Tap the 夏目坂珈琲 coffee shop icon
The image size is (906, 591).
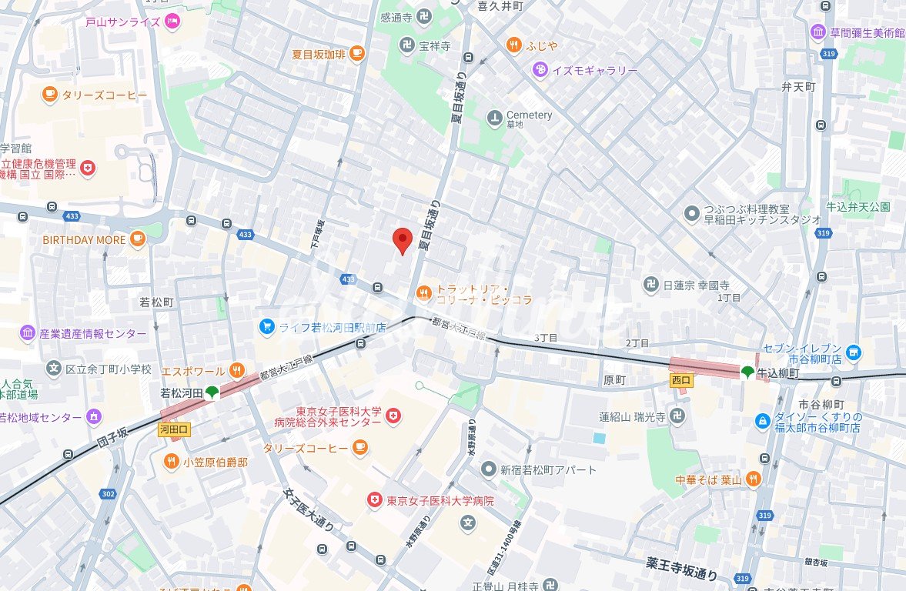pyautogui.click(x=356, y=53)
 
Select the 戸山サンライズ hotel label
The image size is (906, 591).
pyautogui.click(x=123, y=22)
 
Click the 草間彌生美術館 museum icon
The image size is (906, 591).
pyautogui.click(x=817, y=32)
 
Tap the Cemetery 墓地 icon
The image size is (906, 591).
pyautogui.click(x=494, y=118)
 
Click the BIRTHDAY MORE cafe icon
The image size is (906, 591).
pyautogui.click(x=138, y=239)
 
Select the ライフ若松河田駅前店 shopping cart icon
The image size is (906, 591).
pyautogui.click(x=266, y=327)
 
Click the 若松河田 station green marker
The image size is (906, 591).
pyautogui.click(x=212, y=392)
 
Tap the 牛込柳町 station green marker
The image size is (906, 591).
pyautogui.click(x=747, y=372)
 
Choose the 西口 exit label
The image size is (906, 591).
pyautogui.click(x=681, y=379)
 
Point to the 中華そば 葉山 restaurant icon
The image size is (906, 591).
pyautogui.click(x=753, y=479)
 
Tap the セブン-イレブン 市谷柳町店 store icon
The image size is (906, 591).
pyautogui.click(x=852, y=352)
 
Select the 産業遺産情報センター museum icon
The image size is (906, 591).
pyautogui.click(x=28, y=333)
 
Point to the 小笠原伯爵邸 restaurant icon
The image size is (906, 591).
pyautogui.click(x=171, y=462)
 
